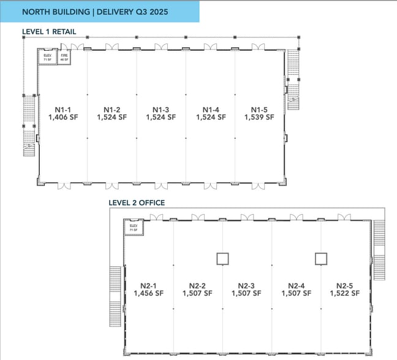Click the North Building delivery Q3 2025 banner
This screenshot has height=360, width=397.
(x=99, y=12)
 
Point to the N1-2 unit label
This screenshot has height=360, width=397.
(x=112, y=110)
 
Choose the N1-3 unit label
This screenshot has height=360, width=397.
(x=161, y=110)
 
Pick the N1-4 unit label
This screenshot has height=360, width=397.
(x=211, y=110)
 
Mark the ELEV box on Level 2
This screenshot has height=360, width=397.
(x=134, y=228)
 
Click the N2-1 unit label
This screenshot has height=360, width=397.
(x=148, y=285)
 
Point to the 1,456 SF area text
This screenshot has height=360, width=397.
(x=148, y=293)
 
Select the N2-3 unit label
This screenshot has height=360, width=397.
(x=246, y=285)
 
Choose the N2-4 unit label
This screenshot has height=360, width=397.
(x=297, y=285)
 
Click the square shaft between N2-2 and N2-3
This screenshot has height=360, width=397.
(x=222, y=258)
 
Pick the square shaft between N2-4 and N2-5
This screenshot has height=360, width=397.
(x=320, y=258)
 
